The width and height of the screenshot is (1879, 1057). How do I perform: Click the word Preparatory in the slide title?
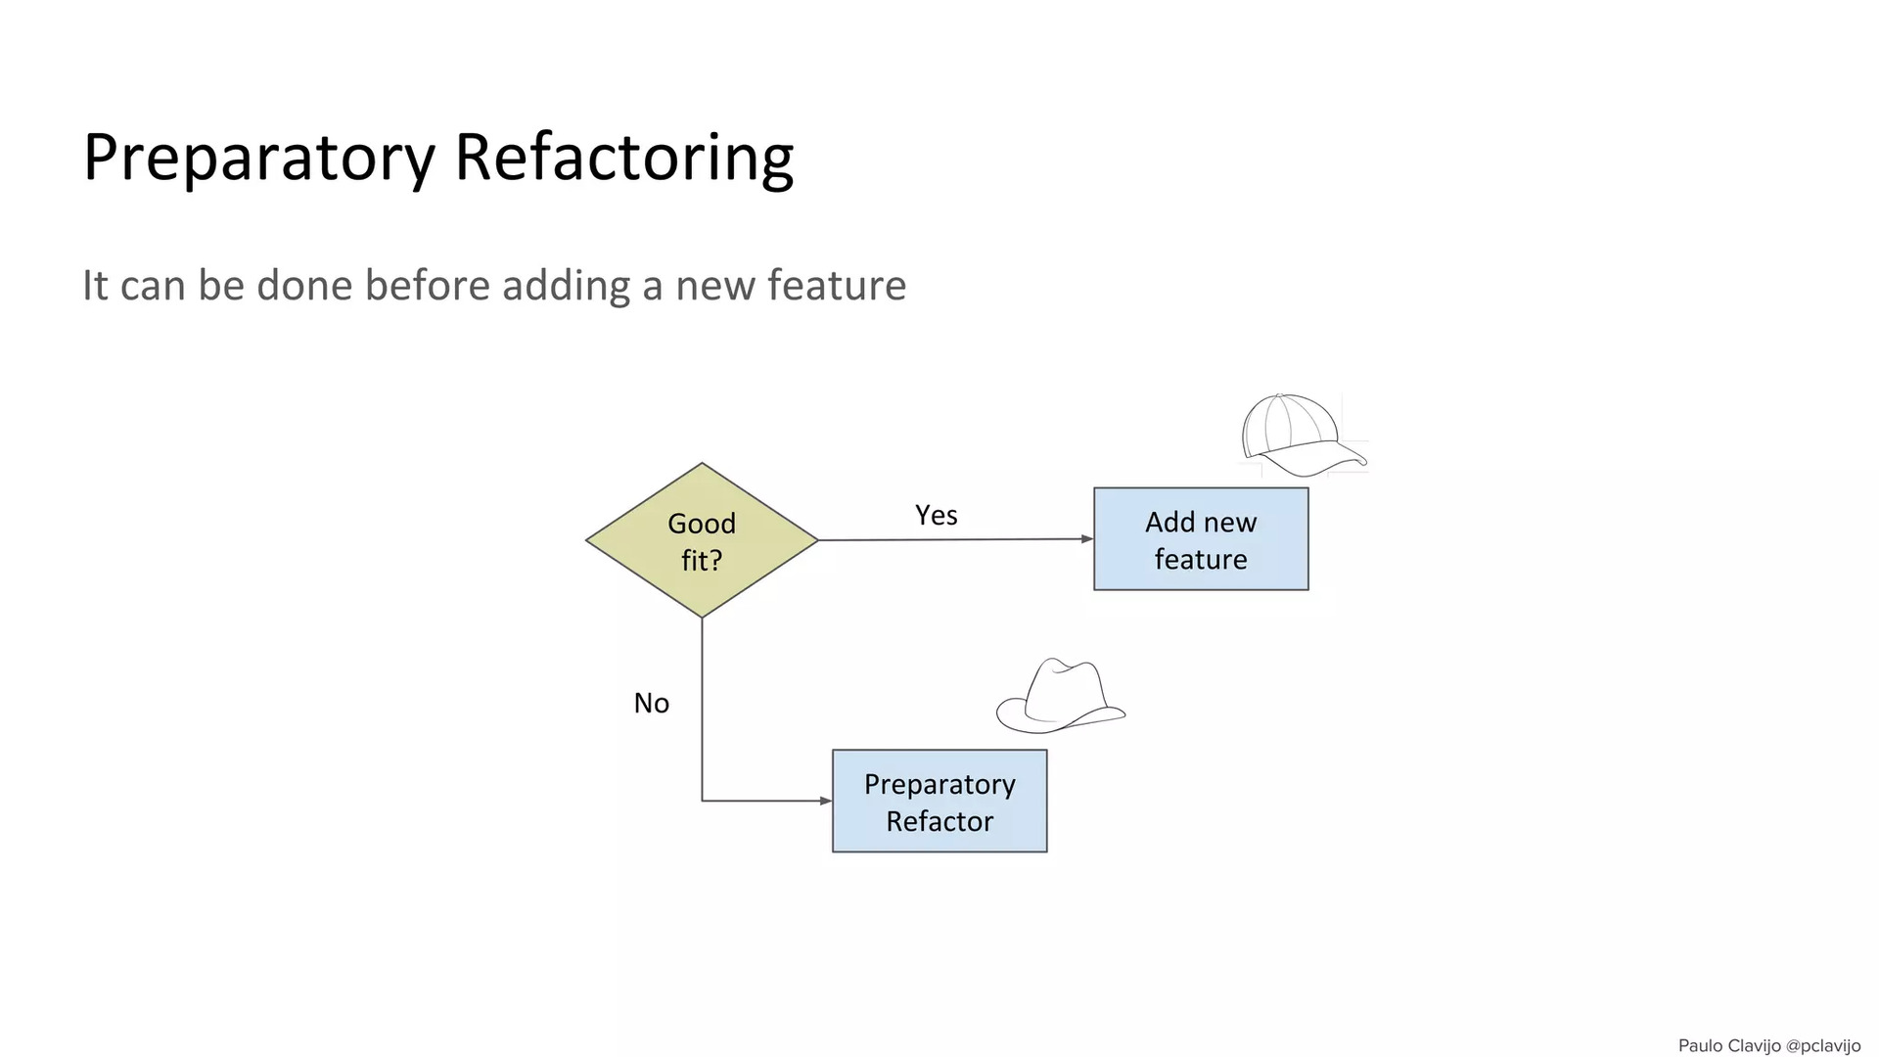click(258, 158)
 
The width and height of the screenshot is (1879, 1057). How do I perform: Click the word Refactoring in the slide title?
click(624, 158)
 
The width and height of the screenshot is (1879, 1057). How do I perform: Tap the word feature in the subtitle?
click(837, 286)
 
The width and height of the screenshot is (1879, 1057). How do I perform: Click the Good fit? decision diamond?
click(702, 540)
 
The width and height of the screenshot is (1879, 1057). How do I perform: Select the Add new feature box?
click(1201, 539)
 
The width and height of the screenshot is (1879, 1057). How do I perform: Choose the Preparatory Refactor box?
click(939, 802)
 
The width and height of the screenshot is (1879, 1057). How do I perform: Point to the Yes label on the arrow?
click(937, 515)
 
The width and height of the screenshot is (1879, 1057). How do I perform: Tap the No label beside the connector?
click(652, 703)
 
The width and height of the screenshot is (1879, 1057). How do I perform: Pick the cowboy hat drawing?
click(1061, 696)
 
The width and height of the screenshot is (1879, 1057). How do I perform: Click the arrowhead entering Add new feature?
click(1087, 539)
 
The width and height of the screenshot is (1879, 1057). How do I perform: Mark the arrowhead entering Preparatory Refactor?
click(826, 801)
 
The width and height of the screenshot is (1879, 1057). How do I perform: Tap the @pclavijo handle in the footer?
click(1823, 1046)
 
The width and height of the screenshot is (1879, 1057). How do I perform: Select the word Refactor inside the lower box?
click(939, 821)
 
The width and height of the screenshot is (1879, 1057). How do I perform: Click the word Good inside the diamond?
click(702, 524)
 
